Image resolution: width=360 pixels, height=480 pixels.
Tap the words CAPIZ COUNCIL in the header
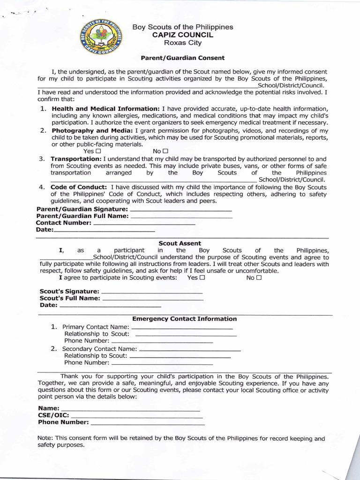click(x=182, y=35)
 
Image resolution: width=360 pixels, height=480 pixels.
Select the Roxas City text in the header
click(x=182, y=43)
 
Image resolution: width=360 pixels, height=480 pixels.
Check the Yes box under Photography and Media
click(x=98, y=151)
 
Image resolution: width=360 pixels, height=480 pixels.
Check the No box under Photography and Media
click(x=165, y=151)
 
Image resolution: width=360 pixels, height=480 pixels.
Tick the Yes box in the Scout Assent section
click(x=202, y=277)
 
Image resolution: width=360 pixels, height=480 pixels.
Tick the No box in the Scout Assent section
click(x=259, y=277)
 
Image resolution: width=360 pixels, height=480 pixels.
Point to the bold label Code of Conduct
click(x=80, y=187)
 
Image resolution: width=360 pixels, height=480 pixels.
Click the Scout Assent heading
click(x=180, y=243)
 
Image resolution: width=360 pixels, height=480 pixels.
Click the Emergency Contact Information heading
click(x=184, y=319)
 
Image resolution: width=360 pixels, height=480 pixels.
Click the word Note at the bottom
click(x=45, y=438)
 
